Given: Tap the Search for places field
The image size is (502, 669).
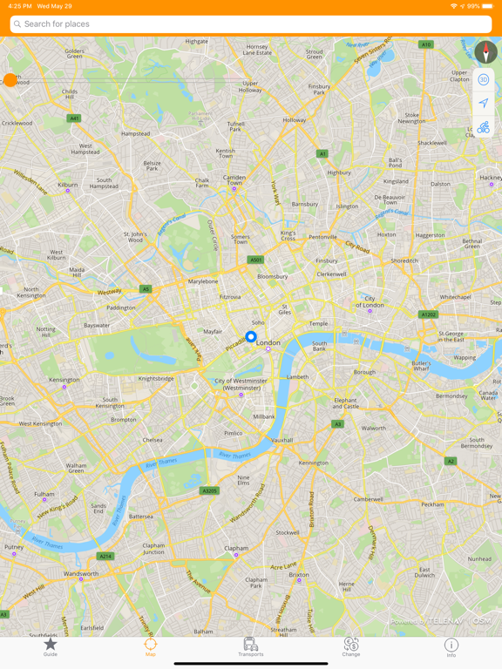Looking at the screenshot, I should pos(251,24).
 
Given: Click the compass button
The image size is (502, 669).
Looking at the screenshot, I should pos(485,51).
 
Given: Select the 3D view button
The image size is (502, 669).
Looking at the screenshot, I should pos(484,80).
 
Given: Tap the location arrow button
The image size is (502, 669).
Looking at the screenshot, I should pos(484,104).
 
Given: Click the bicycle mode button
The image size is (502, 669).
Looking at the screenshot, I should pos(484,128).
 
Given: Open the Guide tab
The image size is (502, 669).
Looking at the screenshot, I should pos(51,646).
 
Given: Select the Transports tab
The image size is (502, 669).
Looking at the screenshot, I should pos(251,646).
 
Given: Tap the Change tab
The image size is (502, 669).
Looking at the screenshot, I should pos(351,646).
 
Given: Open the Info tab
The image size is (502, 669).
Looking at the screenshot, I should pos(451,646).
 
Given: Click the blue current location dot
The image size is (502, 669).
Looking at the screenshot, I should pos(251,336).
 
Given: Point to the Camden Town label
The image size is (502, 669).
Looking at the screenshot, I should pos(234,179).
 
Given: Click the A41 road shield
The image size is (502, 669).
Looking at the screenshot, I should pos(74,118).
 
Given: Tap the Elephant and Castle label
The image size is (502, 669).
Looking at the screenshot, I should pos(345,403).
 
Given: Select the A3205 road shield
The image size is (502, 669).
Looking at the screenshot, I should pos(210,490).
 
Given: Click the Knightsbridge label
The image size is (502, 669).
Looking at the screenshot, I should pos(156,379).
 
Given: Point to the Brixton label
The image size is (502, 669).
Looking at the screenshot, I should pos(299,575).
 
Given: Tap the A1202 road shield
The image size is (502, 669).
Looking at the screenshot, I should pos(428,314).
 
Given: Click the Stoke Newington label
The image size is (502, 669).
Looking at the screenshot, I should pos(412,118).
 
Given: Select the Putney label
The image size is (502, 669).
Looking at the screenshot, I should pos(14,547).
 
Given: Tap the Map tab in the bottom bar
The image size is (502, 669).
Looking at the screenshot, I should pos(151,646).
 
